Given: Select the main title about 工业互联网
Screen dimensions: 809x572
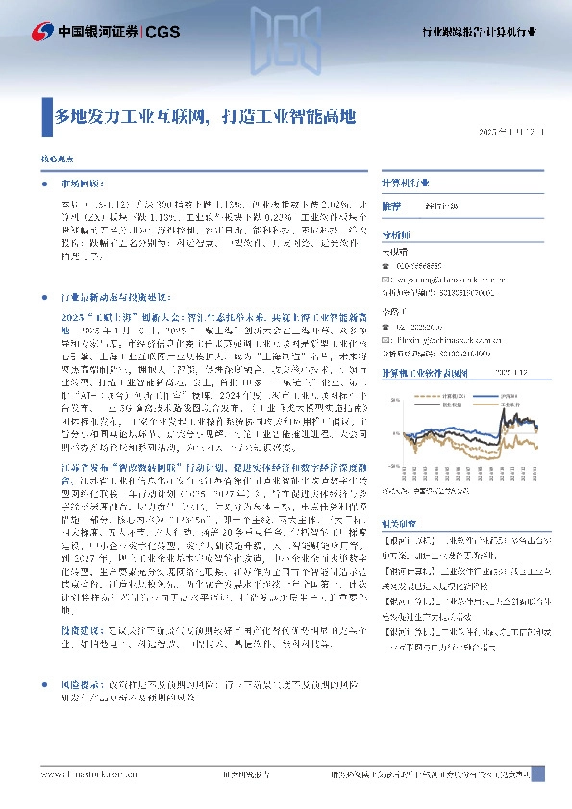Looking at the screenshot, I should coord(205,117).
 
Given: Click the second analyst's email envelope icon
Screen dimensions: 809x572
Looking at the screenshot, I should coord(387,339).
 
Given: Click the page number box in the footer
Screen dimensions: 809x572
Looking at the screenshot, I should coord(538,773).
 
